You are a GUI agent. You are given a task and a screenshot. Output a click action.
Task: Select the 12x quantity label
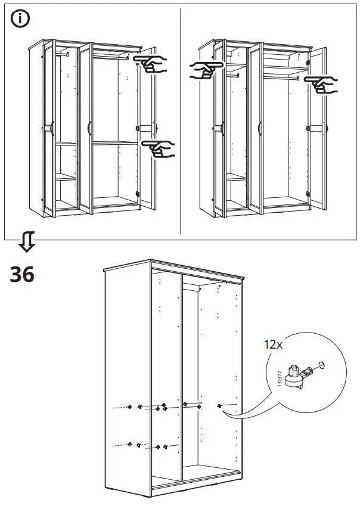(273, 344)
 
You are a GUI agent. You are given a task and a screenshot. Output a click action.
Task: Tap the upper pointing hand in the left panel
(151, 64)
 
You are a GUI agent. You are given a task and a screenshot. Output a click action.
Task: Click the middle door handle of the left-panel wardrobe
(88, 128)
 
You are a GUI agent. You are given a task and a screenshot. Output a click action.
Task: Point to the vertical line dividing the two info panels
(180, 119)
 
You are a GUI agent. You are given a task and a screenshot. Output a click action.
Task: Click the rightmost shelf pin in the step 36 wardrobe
(219, 405)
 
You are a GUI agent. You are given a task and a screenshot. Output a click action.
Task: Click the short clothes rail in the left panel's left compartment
(63, 53)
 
